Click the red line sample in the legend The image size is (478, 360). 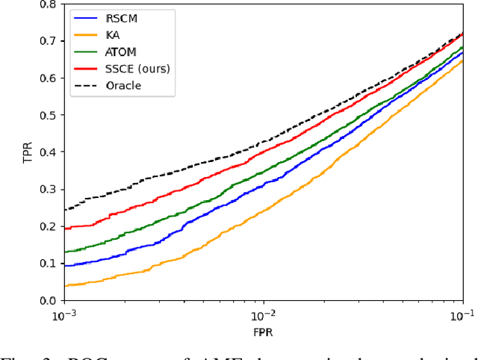coord(85,68)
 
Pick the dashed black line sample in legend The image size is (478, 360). coord(85,85)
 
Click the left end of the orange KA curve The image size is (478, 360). coord(65,285)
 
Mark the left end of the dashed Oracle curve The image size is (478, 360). coord(65,210)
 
